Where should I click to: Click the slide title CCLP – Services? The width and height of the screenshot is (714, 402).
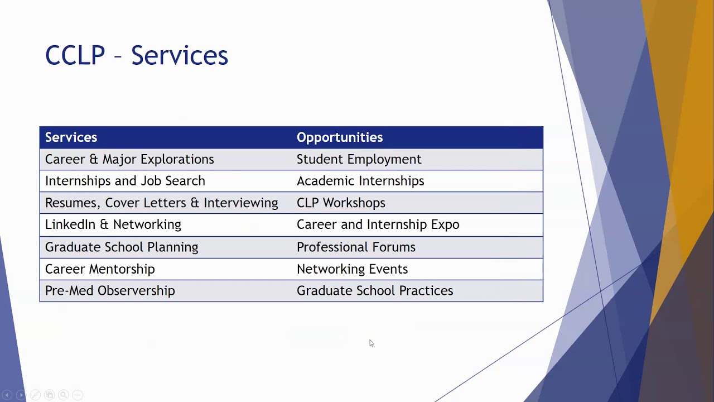(x=136, y=55)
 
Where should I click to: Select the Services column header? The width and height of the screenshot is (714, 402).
(x=71, y=137)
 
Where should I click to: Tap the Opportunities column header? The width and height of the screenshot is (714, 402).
(x=339, y=137)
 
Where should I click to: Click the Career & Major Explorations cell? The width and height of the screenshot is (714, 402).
(x=129, y=159)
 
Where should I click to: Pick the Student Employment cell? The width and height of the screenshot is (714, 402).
(x=359, y=159)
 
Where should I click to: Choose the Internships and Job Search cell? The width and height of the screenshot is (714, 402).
(x=125, y=181)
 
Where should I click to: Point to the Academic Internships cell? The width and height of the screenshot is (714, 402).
(x=360, y=181)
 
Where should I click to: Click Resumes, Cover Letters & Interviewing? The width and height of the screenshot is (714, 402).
(x=161, y=203)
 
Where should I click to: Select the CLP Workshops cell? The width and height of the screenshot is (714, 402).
(x=340, y=203)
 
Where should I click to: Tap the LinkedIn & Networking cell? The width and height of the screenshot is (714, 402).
(x=113, y=224)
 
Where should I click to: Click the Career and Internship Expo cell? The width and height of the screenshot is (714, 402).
(x=378, y=224)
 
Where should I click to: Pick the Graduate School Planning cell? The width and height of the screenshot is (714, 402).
(x=121, y=247)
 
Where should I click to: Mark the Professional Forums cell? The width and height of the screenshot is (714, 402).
(x=355, y=247)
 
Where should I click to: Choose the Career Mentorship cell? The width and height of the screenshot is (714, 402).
(x=100, y=269)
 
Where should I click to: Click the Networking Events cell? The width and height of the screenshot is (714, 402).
(x=352, y=269)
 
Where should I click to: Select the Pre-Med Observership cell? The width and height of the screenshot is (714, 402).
(x=110, y=291)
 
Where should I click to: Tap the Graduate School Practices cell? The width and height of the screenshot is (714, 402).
(x=374, y=291)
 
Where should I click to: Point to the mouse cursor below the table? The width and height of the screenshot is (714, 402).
(x=372, y=343)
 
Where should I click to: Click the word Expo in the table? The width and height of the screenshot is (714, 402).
(x=445, y=224)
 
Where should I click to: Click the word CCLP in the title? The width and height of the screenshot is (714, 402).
(x=75, y=55)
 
